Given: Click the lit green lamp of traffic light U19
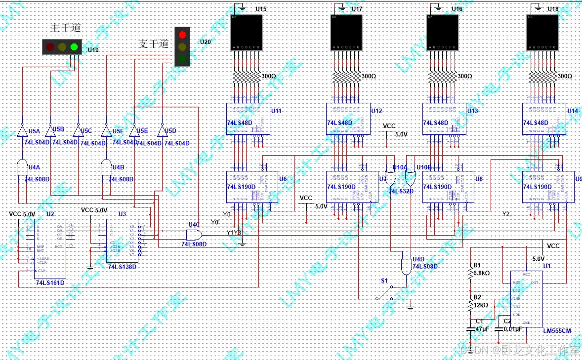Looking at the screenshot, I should [x=74, y=47].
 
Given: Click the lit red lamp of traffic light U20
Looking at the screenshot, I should [x=182, y=35].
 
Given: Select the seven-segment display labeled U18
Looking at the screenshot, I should [x=542, y=33].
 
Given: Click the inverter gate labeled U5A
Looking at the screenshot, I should [x=22, y=131].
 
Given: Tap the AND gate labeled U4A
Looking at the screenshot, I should [x=22, y=168].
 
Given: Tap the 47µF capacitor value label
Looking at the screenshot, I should [x=482, y=328].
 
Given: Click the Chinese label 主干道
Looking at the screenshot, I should [x=66, y=28].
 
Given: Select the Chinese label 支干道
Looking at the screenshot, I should [x=153, y=43].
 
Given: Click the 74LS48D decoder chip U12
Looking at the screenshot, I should [x=348, y=119].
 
